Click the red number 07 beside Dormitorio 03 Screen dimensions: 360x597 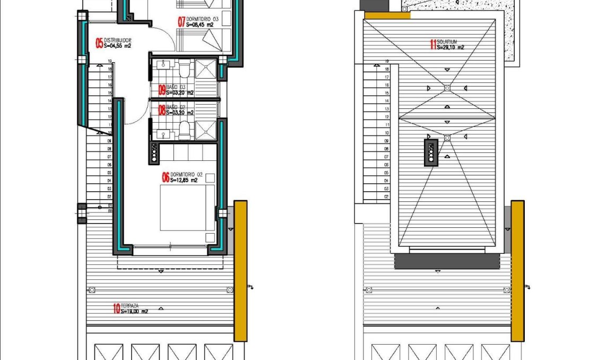point(181,22)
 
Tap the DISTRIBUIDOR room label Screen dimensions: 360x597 point(117,40)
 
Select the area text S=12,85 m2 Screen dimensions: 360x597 point(184,181)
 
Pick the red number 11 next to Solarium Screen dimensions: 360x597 point(433,45)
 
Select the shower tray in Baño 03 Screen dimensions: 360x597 point(206,70)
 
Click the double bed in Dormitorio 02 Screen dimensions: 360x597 point(187,207)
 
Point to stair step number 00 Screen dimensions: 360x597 point(109,211)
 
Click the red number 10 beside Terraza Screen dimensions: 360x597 point(116,308)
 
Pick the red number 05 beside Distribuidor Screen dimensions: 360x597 point(99,43)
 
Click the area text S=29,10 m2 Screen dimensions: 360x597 point(451,47)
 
